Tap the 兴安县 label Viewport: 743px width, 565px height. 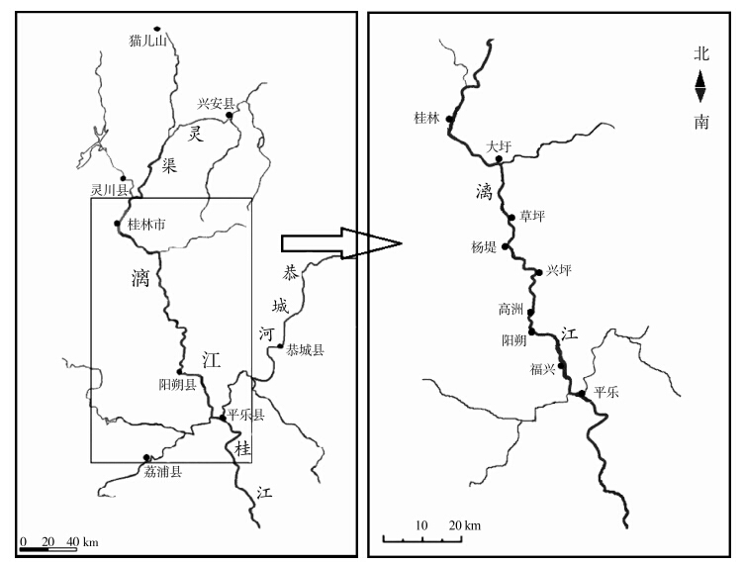(216, 103)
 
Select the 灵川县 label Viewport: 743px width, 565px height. (110, 189)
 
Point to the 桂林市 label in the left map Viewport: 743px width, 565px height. (146, 225)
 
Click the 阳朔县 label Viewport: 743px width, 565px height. (178, 383)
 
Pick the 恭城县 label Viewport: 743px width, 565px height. (306, 349)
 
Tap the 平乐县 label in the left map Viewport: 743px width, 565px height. (245, 416)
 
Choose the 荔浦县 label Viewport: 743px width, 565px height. (163, 470)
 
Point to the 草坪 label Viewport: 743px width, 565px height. (533, 217)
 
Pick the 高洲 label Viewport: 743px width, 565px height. (511, 309)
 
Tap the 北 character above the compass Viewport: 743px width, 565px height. (700, 56)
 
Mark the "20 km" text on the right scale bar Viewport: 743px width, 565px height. (465, 523)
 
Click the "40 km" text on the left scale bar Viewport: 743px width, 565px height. (82, 542)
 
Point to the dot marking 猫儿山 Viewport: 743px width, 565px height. (156, 29)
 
